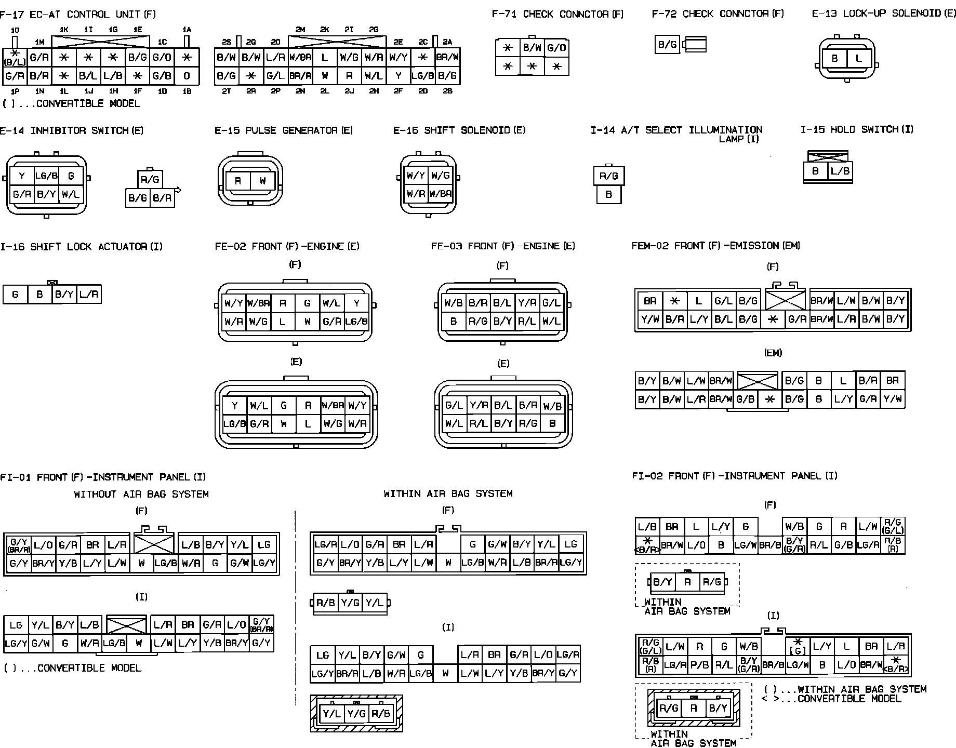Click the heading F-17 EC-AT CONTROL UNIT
pyautogui.click(x=78, y=14)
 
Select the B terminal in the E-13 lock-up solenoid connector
pyautogui.click(x=834, y=58)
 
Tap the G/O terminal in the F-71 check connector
pyautogui.click(x=556, y=48)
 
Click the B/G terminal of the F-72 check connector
pyautogui.click(x=667, y=45)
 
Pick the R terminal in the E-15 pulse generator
pyautogui.click(x=237, y=181)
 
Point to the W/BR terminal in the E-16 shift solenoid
pyautogui.click(x=441, y=194)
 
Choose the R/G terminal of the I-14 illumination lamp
pyautogui.click(x=608, y=176)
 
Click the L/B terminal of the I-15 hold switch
pyautogui.click(x=840, y=171)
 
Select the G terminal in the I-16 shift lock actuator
pyautogui.click(x=15, y=295)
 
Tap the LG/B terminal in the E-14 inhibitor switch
pyautogui.click(x=46, y=176)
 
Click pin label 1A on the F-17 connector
pyautogui.click(x=187, y=30)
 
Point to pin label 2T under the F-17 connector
pyautogui.click(x=226, y=91)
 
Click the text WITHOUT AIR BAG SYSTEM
pyautogui.click(x=141, y=494)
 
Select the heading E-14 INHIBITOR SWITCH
pyautogui.click(x=72, y=130)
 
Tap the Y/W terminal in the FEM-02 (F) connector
pyautogui.click(x=649, y=319)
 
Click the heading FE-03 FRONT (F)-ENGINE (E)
pyautogui.click(x=503, y=246)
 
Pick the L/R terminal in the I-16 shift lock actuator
pyautogui.click(x=89, y=295)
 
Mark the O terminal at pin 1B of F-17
pyautogui.click(x=187, y=76)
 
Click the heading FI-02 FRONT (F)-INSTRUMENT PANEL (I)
pyautogui.click(x=735, y=476)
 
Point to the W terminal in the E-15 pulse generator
pyautogui.click(x=263, y=181)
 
